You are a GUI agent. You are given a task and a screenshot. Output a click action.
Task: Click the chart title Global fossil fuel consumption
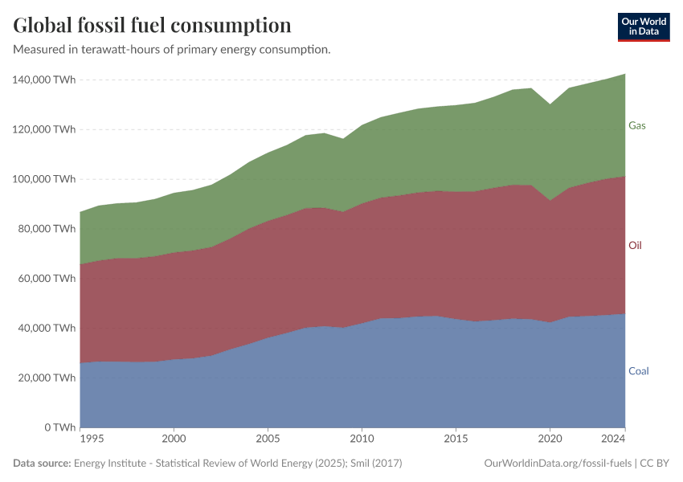153,26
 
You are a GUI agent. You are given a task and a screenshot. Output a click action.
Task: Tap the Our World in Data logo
643,27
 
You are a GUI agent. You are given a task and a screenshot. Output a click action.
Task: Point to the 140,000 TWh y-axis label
44,80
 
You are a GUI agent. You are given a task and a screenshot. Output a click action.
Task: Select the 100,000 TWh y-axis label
44,179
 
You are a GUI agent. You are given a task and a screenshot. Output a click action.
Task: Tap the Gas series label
636,126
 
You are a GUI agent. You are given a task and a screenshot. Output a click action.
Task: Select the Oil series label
635,245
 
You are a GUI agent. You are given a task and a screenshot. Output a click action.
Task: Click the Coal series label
638,371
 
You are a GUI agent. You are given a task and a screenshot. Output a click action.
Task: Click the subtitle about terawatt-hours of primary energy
172,50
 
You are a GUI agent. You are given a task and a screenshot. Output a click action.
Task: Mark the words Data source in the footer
42,464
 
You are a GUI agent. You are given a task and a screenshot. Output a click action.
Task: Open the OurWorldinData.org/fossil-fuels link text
557,464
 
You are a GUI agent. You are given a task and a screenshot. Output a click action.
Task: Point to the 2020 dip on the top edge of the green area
550,104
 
